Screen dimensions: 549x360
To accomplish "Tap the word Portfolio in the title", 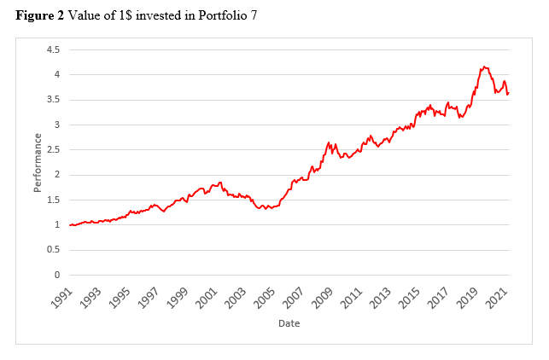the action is (222, 15).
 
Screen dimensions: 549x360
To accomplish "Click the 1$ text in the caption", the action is (126, 15).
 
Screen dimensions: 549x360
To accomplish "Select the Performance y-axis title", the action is (38, 163).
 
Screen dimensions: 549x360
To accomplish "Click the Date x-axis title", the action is (289, 323).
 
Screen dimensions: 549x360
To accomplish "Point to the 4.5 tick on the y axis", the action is (53, 49).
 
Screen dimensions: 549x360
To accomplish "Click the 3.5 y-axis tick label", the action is (53, 100).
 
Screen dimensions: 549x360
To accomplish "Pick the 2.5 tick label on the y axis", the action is (53, 150).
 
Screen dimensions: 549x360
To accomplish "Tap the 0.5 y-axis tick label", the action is (53, 250).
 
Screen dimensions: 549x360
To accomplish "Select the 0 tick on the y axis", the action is (57, 275).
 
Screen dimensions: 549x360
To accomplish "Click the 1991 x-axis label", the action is (62, 298).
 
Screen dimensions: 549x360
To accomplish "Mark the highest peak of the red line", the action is (484, 67).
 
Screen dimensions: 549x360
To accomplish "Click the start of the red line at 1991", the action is (70, 225).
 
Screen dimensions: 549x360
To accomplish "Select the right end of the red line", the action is (509, 93).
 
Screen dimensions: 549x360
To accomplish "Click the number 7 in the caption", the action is (254, 15).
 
